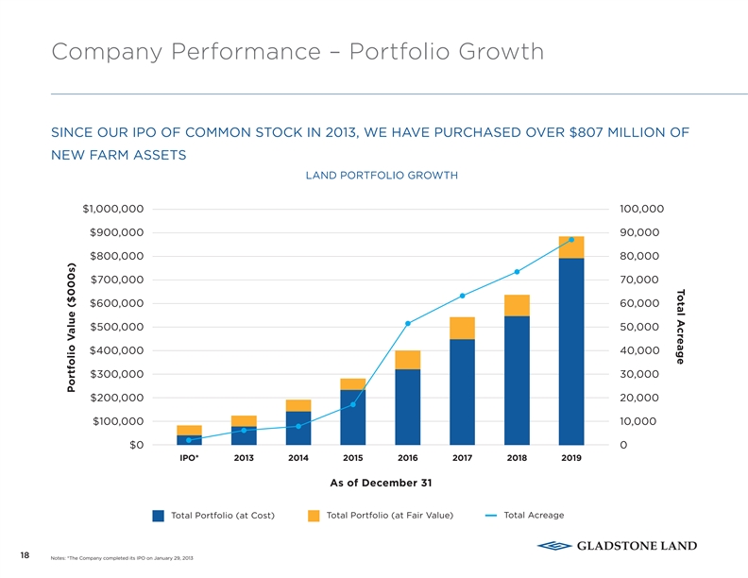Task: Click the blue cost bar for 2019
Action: pyautogui.click(x=571, y=351)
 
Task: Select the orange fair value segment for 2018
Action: pyautogui.click(x=517, y=305)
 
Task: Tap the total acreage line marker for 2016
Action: pyautogui.click(x=408, y=324)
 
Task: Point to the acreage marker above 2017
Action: pyautogui.click(x=463, y=296)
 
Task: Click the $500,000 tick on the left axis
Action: pyautogui.click(x=117, y=327)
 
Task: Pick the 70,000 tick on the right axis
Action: pyautogui.click(x=642, y=280)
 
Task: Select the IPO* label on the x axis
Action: pyautogui.click(x=189, y=458)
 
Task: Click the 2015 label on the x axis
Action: pyautogui.click(x=353, y=458)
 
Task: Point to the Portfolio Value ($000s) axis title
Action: pyautogui.click(x=71, y=327)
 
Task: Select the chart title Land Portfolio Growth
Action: pyautogui.click(x=382, y=176)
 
